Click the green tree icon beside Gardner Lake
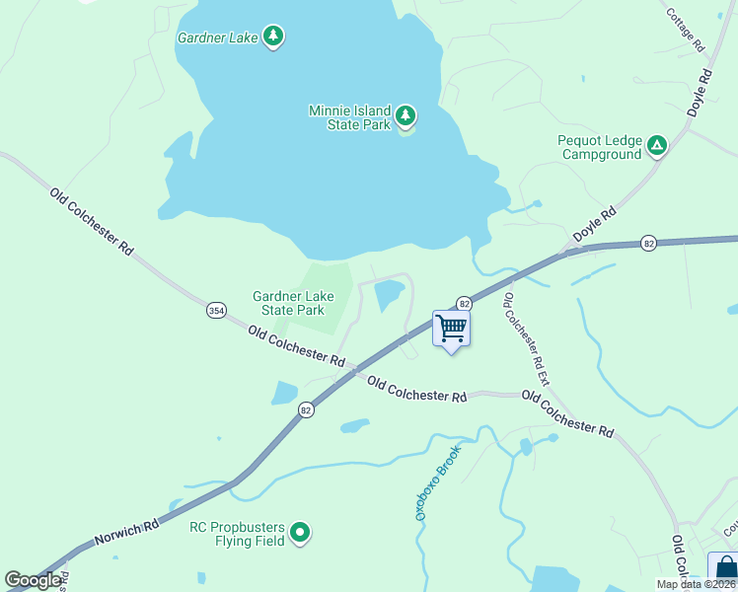tap(273, 37)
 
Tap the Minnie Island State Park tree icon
tap(405, 117)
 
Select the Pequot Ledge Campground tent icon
tap(657, 147)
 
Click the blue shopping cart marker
tap(451, 329)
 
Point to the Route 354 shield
tap(216, 310)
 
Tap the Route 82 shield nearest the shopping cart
tap(463, 303)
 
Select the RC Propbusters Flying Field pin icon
tap(301, 534)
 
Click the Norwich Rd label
tap(126, 534)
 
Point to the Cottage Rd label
tap(685, 31)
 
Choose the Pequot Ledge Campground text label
tap(600, 148)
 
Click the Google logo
tap(33, 580)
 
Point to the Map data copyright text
tap(696, 584)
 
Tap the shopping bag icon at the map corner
tap(725, 569)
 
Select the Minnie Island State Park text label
tap(349, 118)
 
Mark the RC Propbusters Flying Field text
tap(237, 534)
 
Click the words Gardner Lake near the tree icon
tap(217, 37)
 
